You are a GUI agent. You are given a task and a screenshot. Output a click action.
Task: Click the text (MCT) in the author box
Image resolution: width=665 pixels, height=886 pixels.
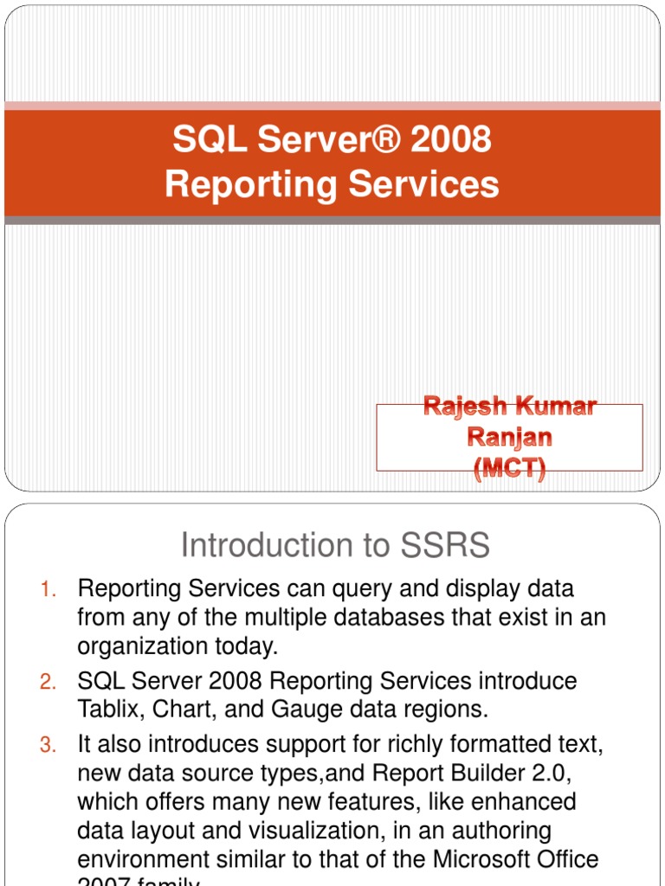(x=510, y=470)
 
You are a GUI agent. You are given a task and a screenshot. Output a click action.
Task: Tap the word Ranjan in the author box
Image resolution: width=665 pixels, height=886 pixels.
(x=510, y=438)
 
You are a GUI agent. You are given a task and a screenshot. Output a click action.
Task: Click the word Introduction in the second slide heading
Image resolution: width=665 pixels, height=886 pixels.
(x=246, y=546)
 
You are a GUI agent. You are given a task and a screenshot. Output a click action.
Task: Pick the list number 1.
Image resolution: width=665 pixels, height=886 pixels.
(x=48, y=590)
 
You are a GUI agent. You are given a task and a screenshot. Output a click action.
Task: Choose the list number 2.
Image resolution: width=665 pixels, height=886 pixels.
(x=48, y=682)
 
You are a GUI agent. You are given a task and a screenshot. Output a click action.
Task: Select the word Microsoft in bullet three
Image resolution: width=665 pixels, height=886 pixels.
(x=480, y=860)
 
